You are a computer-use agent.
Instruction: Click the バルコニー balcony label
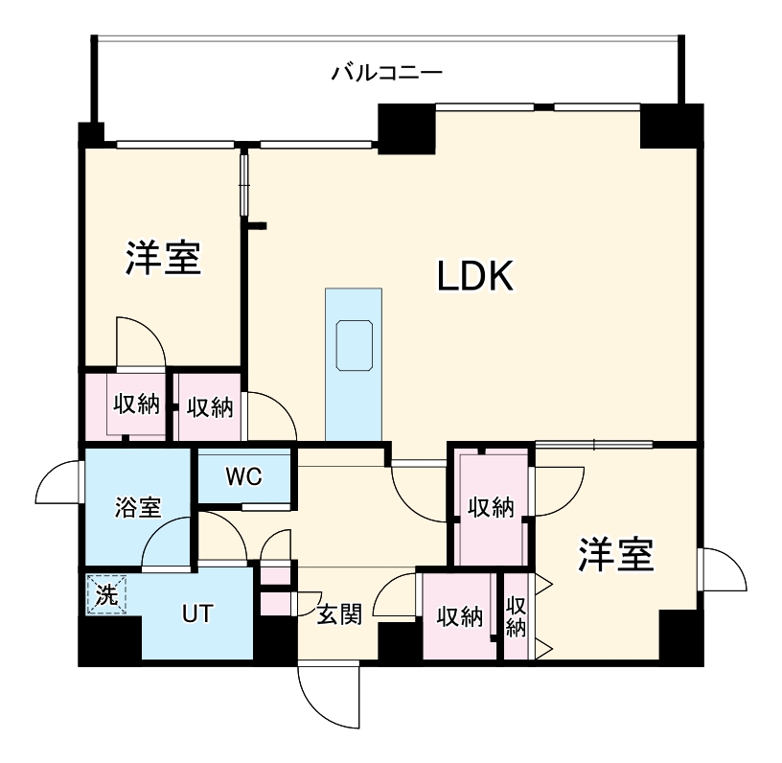(386, 72)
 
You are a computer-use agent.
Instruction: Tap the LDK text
(477, 277)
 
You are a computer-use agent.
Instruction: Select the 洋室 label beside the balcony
(162, 259)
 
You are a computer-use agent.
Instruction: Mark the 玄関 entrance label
(338, 614)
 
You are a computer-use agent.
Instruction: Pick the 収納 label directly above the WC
(210, 406)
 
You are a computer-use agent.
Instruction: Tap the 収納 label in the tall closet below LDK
(491, 507)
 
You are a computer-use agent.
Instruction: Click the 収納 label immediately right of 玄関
(458, 615)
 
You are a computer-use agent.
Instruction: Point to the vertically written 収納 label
(516, 615)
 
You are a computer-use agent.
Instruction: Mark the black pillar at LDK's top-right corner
(670, 126)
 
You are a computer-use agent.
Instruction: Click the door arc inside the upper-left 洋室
(140, 341)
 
